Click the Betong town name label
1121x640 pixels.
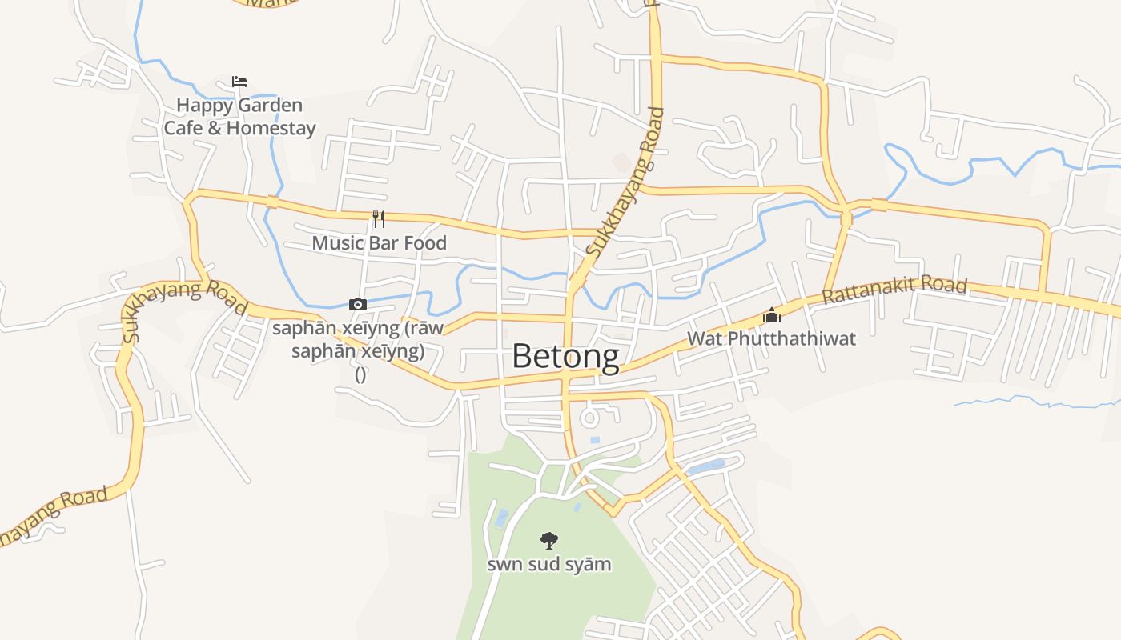point(565,356)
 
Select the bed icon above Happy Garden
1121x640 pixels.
point(239,82)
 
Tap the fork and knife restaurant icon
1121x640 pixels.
point(379,219)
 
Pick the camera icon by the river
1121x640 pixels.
point(358,304)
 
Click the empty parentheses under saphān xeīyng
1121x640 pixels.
point(360,374)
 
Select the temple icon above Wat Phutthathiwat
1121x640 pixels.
point(771,315)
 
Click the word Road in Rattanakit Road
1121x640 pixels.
point(944,286)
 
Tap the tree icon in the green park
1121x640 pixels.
point(548,541)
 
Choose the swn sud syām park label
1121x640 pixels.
point(549,565)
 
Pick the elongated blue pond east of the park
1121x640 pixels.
point(705,466)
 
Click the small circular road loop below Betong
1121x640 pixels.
point(591,417)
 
